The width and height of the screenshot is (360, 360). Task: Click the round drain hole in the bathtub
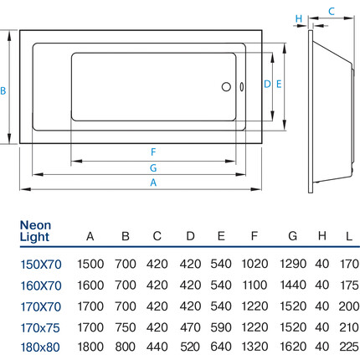226,87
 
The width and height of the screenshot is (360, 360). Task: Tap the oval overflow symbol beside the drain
242,87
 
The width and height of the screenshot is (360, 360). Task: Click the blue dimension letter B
3,90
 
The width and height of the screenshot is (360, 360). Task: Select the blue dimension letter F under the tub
153,152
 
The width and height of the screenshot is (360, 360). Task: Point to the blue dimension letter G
153,168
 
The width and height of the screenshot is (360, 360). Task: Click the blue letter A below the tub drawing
153,183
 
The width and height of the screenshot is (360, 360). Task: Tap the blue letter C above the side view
332,12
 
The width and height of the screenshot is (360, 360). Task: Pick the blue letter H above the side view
299,18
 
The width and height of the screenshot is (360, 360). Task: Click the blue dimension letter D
267,84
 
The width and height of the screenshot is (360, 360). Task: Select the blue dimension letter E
279,84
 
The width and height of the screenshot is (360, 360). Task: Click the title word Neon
35,225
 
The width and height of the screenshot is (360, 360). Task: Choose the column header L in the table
349,236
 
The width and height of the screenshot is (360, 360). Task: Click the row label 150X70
41,265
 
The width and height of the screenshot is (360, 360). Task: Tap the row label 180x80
40,347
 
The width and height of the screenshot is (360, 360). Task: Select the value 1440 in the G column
293,285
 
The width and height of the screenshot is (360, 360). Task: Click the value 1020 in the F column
255,264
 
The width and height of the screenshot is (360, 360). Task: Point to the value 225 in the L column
349,347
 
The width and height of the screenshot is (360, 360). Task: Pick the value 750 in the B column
126,327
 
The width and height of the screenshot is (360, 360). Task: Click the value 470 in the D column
190,327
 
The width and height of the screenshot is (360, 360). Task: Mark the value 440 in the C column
157,347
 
